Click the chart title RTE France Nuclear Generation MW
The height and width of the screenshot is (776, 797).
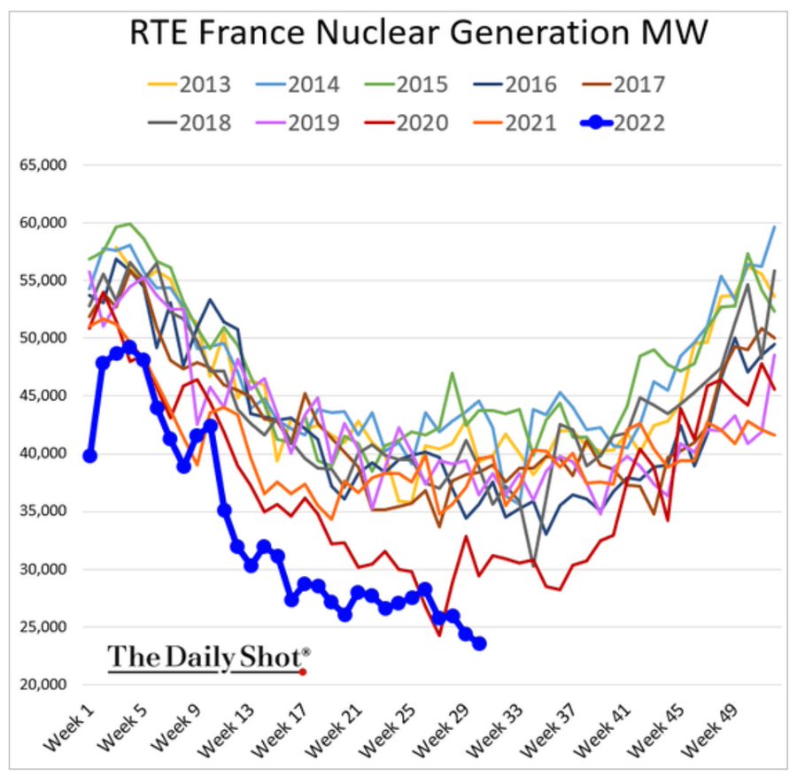[x=418, y=33]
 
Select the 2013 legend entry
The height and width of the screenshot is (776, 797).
[x=190, y=84]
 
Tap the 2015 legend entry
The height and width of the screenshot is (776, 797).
[x=406, y=84]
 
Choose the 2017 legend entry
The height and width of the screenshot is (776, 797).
[x=623, y=84]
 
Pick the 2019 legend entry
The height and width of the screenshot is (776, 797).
[x=298, y=123]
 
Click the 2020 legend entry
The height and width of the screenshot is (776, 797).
[x=406, y=123]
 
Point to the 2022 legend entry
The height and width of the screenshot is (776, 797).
[x=623, y=123]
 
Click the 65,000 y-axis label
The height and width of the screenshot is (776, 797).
[x=43, y=165]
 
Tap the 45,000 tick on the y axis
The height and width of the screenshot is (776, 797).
[x=43, y=396]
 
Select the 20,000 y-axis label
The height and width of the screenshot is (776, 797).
[x=43, y=684]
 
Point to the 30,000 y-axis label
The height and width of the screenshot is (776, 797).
[x=43, y=569]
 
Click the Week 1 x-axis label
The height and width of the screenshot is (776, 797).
[x=69, y=727]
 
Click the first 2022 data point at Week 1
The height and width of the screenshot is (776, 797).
[x=90, y=456]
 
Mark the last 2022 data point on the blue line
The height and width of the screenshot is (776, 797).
[x=479, y=643]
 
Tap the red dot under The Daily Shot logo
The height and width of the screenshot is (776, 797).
[x=303, y=672]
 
